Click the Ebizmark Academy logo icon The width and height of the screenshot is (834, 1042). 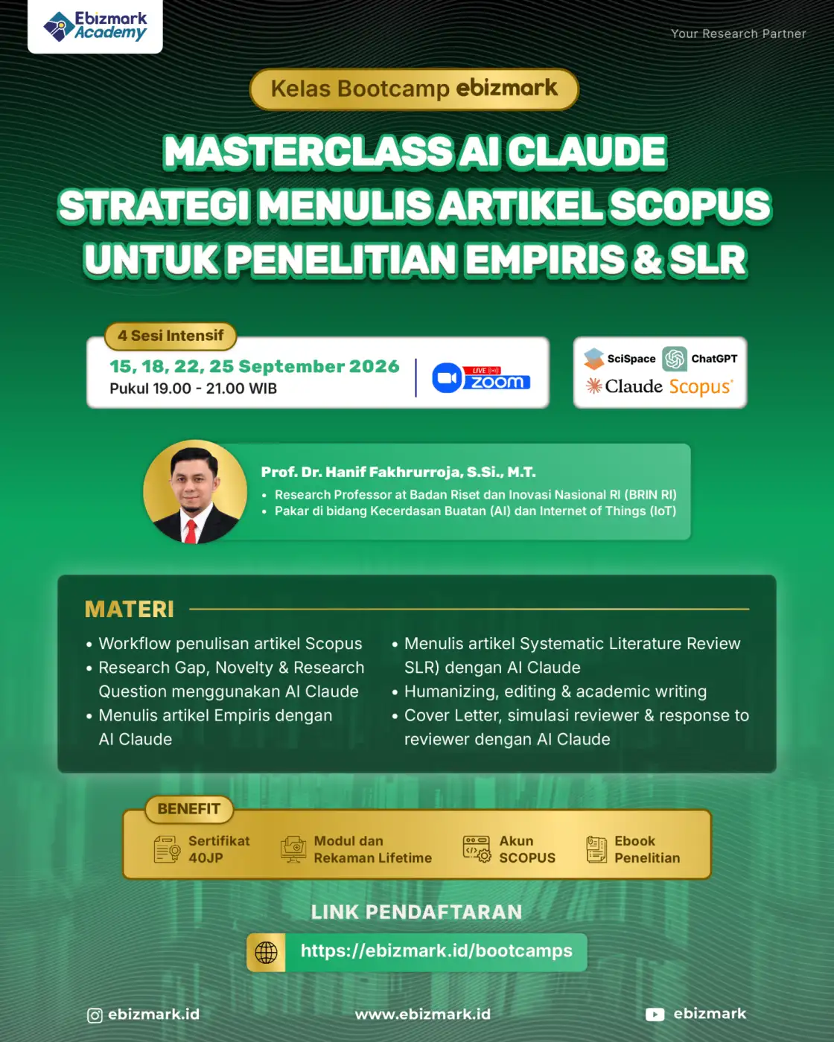[x=59, y=26]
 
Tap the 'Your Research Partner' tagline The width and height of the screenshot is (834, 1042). [x=738, y=34]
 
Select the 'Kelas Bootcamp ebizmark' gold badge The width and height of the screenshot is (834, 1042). [x=414, y=89]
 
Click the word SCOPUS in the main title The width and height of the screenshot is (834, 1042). [x=690, y=205]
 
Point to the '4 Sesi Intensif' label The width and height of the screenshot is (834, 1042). [x=171, y=336]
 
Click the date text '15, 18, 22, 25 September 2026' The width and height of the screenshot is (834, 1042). [x=255, y=366]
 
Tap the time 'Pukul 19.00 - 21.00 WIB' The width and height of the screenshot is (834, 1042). [x=193, y=389]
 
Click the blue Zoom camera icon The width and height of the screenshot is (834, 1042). [x=446, y=377]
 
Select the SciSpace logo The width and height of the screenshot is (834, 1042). [x=620, y=359]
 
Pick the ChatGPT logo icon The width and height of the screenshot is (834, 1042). [x=674, y=359]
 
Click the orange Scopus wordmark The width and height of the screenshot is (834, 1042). [x=701, y=387]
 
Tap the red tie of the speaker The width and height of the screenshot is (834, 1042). [x=191, y=531]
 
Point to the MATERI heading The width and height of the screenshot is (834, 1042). [x=130, y=609]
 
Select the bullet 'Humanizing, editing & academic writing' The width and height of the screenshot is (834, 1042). [x=556, y=691]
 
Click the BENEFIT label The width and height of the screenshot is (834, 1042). [x=189, y=808]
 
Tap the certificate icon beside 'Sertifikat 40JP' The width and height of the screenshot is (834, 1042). [x=167, y=849]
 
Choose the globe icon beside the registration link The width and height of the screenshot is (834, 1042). [x=266, y=953]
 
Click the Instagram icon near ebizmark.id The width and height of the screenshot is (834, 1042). [x=95, y=1015]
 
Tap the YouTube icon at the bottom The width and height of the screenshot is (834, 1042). [x=655, y=1014]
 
